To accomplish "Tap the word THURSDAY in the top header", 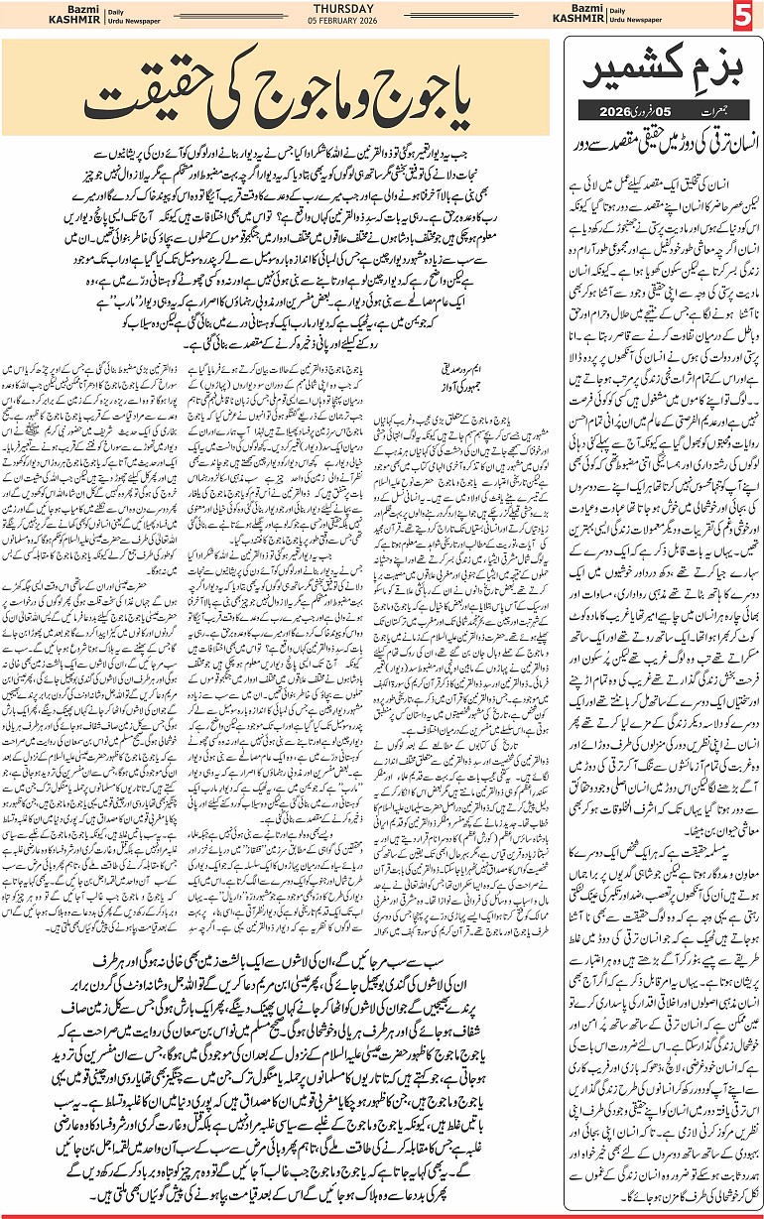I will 382,11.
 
